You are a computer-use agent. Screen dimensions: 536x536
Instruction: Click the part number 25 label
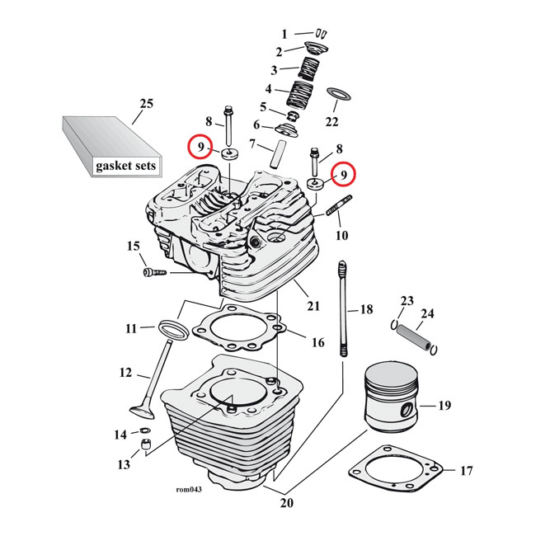pos(147,104)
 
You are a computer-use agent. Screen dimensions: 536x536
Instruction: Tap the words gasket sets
pos(125,165)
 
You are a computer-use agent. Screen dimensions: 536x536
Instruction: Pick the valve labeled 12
pos(151,379)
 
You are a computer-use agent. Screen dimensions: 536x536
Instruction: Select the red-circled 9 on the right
pos(343,175)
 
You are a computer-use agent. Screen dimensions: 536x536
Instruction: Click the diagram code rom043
pos(189,488)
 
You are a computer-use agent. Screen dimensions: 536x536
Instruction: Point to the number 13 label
pos(123,464)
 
